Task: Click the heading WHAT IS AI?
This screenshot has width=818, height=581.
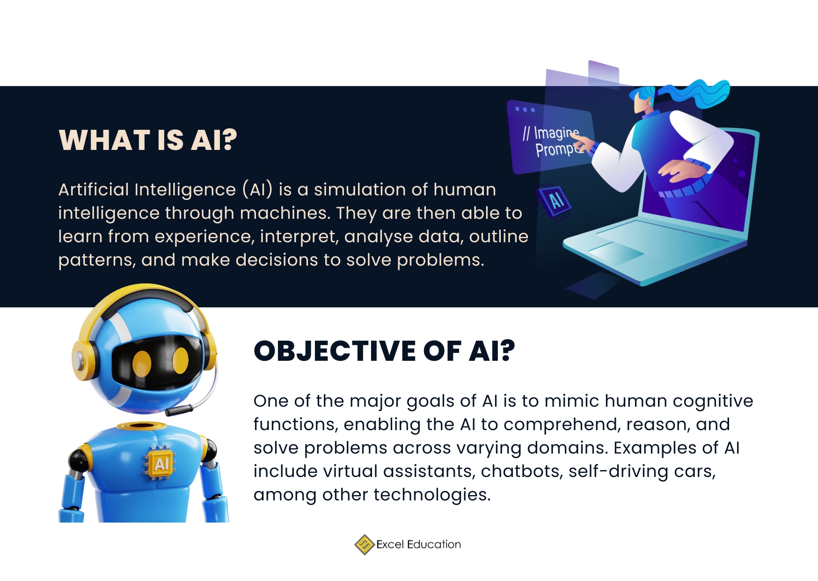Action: (148, 140)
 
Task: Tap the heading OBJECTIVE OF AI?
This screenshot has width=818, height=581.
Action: (384, 351)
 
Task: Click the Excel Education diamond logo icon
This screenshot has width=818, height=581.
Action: (364, 544)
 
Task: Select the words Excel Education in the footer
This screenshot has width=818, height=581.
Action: (418, 544)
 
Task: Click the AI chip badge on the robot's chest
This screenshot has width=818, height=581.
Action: (161, 464)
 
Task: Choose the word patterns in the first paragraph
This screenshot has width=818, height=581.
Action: (97, 260)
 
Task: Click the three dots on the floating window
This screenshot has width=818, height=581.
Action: (525, 110)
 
